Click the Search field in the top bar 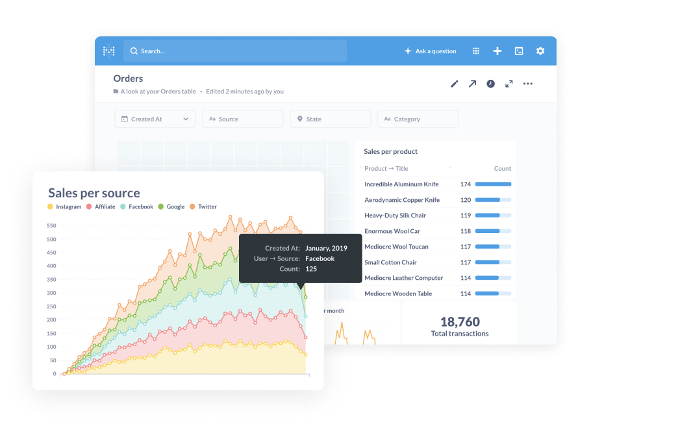pos(234,51)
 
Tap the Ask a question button pos(430,51)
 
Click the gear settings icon pos(540,51)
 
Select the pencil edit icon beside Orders pos(455,84)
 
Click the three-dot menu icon pos(528,84)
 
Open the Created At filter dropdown pos(155,119)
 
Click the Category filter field pos(417,119)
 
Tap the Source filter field pos(242,119)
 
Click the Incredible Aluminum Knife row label pos(401,184)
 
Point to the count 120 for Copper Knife pos(466,200)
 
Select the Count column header pos(502,169)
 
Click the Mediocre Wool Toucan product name pos(396,247)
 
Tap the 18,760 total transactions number pos(460,322)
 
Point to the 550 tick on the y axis pos(51,227)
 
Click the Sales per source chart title pos(94,193)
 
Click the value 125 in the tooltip pos(311,269)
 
